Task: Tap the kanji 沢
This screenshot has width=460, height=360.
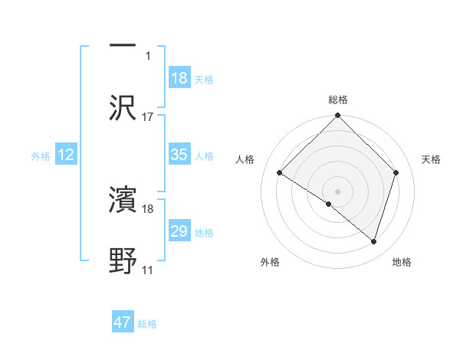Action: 123,107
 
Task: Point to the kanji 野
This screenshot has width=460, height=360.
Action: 123,260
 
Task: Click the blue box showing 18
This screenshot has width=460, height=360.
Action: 179,78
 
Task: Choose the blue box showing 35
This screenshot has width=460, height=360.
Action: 179,155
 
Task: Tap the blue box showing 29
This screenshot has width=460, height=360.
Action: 179,231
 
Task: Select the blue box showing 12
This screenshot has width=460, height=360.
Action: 66,155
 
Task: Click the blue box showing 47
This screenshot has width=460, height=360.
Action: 123,322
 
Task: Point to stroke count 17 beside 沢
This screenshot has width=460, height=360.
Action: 148,116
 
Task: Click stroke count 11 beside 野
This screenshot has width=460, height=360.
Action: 148,270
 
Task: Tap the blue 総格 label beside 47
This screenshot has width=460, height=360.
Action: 147,324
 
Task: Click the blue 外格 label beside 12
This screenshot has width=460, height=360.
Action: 41,155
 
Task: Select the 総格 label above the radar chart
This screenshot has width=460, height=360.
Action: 338,100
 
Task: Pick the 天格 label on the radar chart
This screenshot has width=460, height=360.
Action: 431,159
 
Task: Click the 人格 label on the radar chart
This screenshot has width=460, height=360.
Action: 245,159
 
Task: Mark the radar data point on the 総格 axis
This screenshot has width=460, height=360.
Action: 338,116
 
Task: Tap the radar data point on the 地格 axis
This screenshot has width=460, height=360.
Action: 374,241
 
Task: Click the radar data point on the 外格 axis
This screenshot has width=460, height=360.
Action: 329,204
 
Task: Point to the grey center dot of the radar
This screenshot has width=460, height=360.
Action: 338,191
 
